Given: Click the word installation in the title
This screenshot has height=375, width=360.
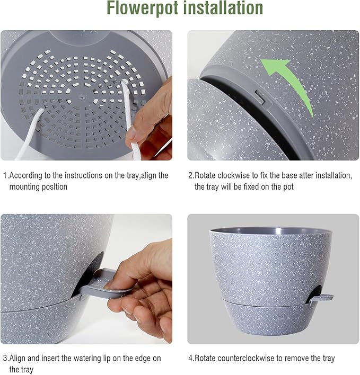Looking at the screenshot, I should pos(222,9).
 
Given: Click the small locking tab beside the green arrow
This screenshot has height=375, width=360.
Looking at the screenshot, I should pos(260,96).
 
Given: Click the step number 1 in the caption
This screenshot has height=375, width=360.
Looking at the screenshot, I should pos(5,175).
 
